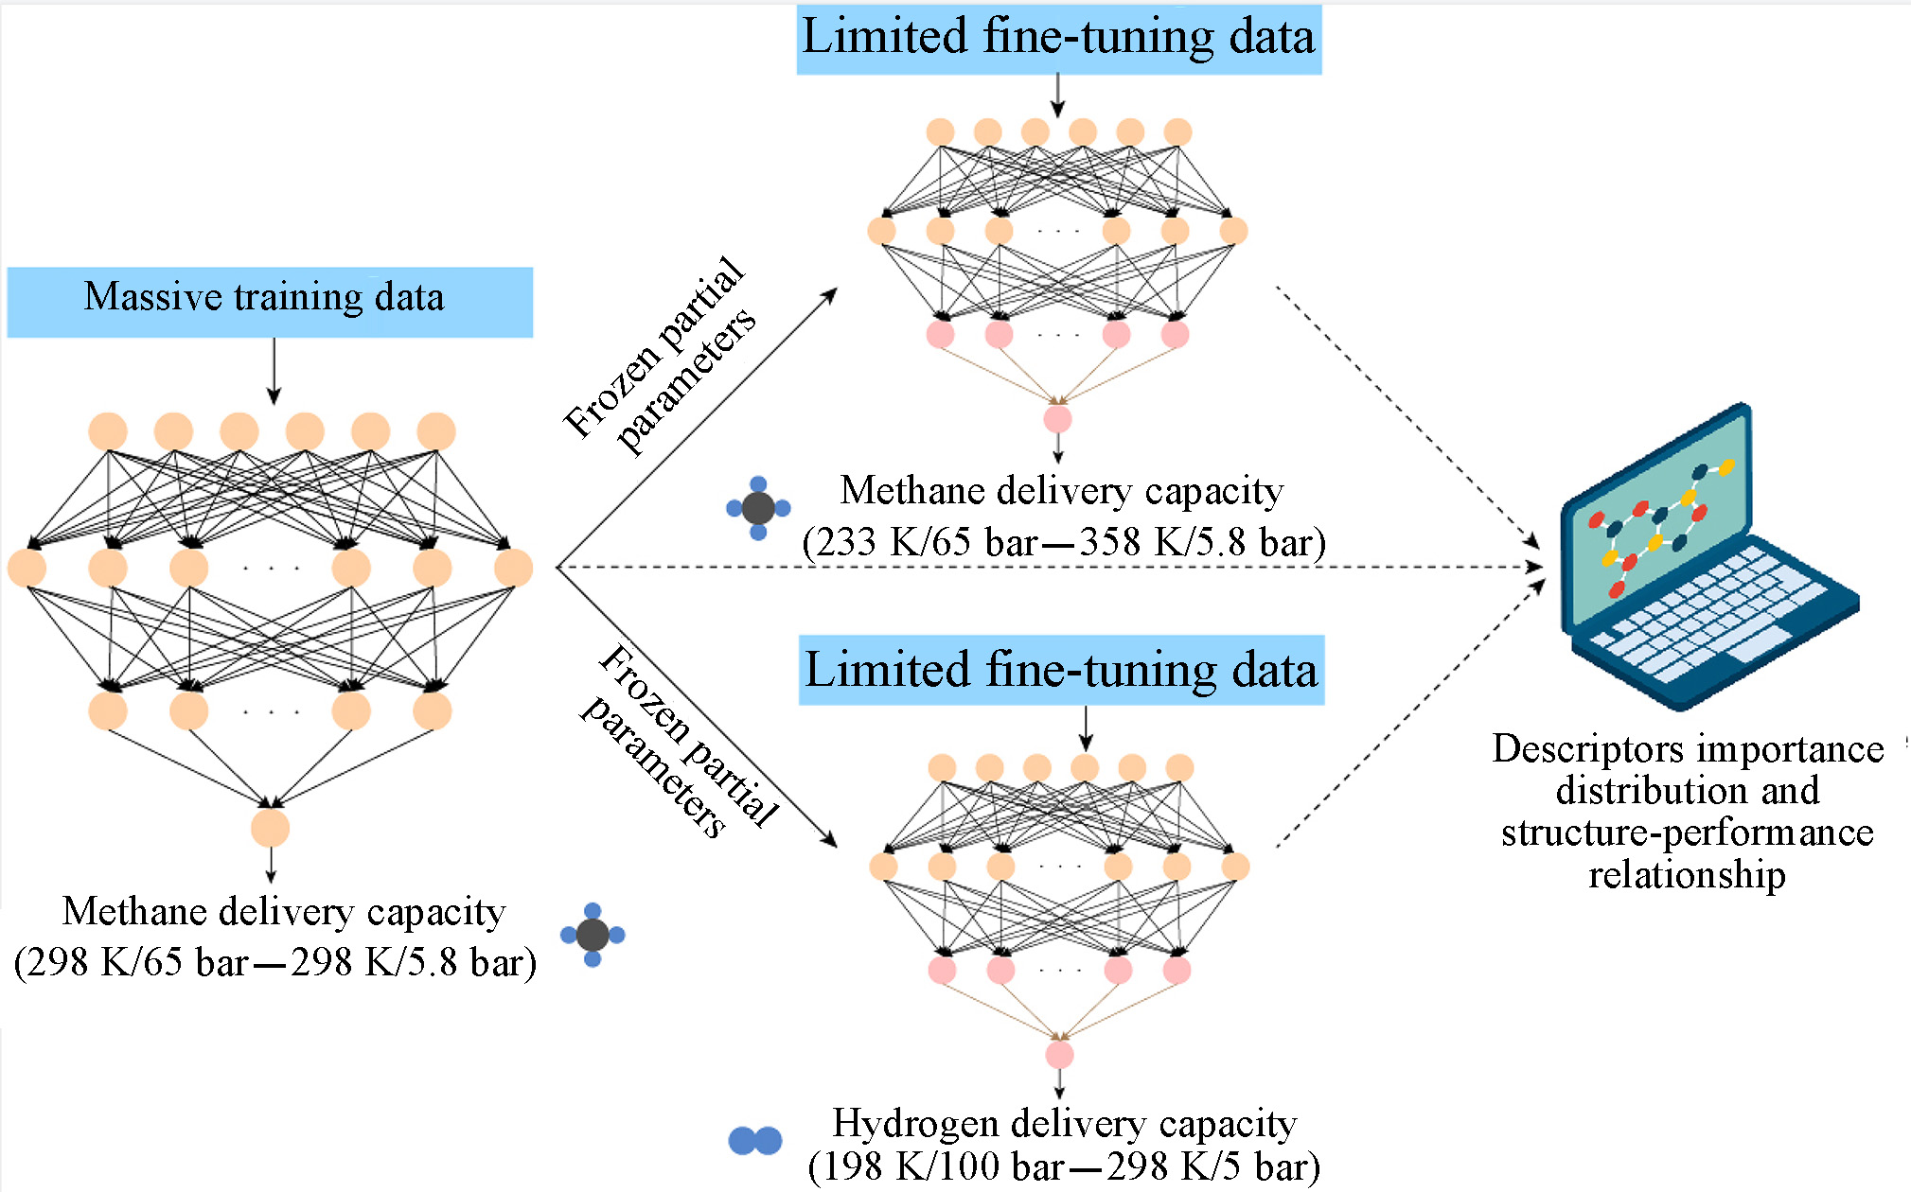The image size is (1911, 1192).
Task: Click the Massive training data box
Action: [x=270, y=302]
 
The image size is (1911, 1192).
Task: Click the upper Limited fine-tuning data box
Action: [x=1058, y=40]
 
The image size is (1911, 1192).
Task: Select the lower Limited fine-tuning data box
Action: [x=1061, y=670]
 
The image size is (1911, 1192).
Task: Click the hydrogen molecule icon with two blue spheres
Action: [x=755, y=1141]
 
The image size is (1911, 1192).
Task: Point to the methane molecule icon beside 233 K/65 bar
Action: [x=758, y=508]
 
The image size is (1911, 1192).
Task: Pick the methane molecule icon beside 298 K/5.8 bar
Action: [x=593, y=935]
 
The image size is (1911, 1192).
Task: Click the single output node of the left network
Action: [x=271, y=828]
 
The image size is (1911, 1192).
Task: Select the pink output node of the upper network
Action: [x=1057, y=418]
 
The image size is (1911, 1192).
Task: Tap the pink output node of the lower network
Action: [x=1059, y=1054]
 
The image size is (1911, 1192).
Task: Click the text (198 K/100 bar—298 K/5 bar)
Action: [x=1063, y=1167]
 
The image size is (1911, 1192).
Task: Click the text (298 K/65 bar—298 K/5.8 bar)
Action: [x=275, y=963]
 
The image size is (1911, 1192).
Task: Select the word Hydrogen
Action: [x=916, y=1123]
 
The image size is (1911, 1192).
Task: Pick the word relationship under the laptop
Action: [x=1687, y=874]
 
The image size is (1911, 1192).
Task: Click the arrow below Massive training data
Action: [x=274, y=371]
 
